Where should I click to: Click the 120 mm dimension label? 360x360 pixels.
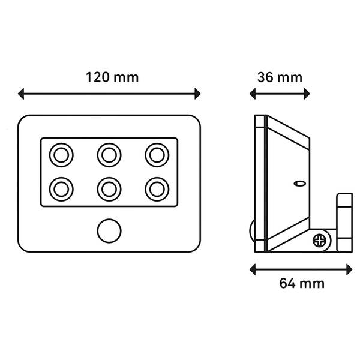tap(112, 77)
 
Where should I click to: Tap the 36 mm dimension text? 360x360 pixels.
tap(280, 77)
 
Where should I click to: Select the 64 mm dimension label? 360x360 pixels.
tap(302, 283)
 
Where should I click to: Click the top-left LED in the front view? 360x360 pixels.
tap(61, 155)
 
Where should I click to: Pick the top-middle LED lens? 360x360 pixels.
tap(109, 155)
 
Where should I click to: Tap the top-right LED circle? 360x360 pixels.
tap(157, 155)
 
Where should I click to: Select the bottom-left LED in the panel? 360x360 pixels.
tap(61, 190)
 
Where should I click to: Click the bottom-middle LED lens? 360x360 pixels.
tap(109, 190)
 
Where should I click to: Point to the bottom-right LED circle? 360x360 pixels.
tap(157, 190)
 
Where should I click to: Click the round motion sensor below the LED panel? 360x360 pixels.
tap(109, 231)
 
